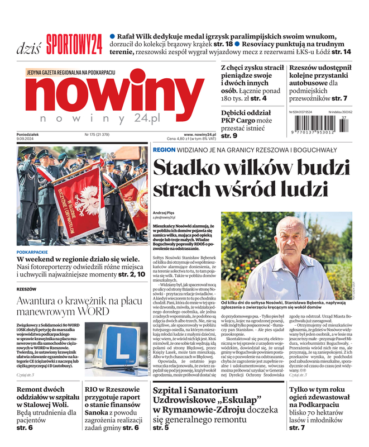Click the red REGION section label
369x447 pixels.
coord(164,150)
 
